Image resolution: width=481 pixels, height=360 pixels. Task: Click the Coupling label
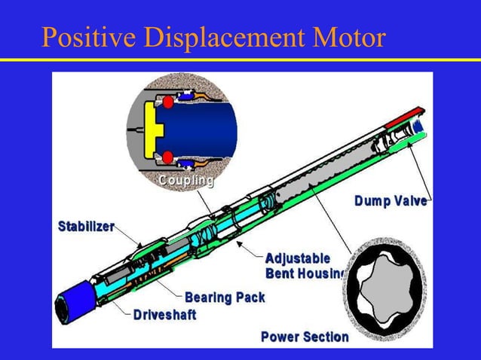coord(185,182)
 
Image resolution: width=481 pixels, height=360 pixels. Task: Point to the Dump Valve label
coord(391,200)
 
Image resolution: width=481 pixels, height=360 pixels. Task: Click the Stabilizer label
coord(87,227)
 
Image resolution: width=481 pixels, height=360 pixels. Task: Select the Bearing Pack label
coord(225,297)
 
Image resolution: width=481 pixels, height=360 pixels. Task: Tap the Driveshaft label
coord(165,314)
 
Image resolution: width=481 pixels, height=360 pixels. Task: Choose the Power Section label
coord(305,337)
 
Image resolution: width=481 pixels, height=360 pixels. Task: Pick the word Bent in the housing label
coord(280,272)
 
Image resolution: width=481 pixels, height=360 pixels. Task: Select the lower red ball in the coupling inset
coord(170,157)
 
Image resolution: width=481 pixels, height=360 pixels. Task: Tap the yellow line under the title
coord(240,60)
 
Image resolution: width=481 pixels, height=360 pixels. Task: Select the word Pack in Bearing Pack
coord(250,297)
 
